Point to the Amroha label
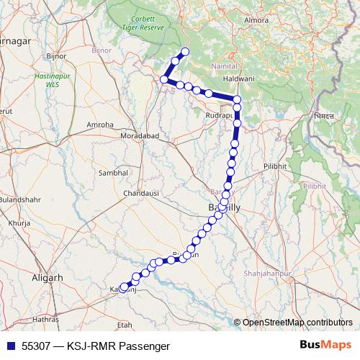[x=100, y=125]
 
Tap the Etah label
[x=125, y=325]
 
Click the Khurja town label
[x=16, y=224]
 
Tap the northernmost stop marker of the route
[x=185, y=51]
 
